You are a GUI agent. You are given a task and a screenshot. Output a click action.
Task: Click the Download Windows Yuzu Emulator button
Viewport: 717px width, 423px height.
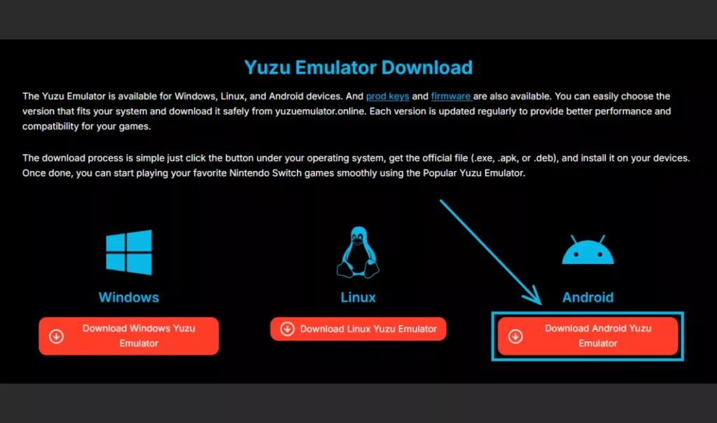tap(129, 336)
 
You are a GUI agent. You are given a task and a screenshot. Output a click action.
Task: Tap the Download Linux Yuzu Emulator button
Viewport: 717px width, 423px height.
tap(358, 328)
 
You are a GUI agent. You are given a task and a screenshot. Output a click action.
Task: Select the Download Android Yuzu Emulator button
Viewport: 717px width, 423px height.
tap(587, 336)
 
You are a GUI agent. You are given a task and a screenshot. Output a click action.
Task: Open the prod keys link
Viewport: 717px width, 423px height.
tap(387, 97)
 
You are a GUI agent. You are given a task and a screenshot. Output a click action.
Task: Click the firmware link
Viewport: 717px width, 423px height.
tap(451, 97)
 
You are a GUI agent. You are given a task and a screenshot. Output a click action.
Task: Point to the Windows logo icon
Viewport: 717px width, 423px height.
tap(129, 252)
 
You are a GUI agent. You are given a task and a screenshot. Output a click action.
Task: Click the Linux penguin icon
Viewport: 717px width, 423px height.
tap(358, 252)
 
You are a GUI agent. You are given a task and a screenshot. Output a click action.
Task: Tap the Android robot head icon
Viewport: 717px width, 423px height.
tap(588, 250)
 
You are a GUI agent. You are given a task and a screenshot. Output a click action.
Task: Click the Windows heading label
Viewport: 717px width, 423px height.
tap(129, 297)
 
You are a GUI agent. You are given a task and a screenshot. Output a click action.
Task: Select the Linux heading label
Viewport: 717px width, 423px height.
tap(358, 297)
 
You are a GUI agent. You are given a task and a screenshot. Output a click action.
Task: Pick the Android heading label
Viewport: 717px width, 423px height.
tap(588, 297)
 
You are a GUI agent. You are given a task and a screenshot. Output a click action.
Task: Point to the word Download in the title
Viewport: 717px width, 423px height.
tap(426, 68)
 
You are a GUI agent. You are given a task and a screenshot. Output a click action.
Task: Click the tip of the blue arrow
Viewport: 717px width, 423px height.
tap(541, 305)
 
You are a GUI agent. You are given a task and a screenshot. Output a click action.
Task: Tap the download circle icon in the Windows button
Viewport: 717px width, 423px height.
tap(56, 337)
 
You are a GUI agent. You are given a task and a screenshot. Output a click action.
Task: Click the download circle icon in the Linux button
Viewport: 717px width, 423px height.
tap(287, 328)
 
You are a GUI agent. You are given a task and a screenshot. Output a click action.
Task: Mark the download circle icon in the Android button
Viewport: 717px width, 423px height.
tap(515, 337)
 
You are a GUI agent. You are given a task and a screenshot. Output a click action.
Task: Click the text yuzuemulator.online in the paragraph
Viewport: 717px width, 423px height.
tap(320, 111)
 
